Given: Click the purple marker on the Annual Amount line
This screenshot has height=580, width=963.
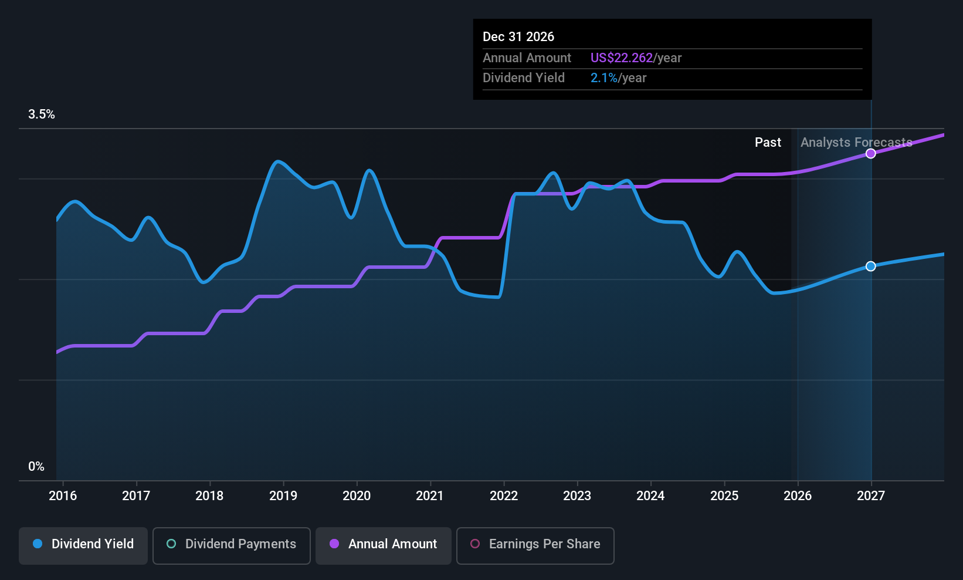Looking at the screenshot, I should [x=871, y=154].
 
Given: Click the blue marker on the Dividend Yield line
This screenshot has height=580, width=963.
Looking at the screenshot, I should [x=871, y=267].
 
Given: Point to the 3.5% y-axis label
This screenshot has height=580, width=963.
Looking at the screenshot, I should [x=42, y=114].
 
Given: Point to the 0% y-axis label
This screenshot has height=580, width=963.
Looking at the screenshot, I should [x=36, y=467].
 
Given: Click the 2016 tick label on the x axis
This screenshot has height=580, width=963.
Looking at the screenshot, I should [x=63, y=496].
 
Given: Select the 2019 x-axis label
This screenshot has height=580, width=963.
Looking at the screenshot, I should [x=283, y=496].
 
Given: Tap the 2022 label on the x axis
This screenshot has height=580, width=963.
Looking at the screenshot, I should [x=504, y=496].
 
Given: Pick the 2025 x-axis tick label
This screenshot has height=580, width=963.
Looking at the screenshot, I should [x=724, y=496].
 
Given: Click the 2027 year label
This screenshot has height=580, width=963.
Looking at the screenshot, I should [x=871, y=496].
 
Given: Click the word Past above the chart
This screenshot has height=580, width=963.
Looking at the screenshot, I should [x=768, y=143].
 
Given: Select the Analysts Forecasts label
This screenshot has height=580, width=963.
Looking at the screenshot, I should [x=856, y=143].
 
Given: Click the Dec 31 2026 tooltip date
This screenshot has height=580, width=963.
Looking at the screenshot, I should [x=518, y=37].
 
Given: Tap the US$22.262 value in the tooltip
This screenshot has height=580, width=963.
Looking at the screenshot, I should [x=621, y=58].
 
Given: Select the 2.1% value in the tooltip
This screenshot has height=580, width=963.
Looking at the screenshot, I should [x=603, y=78].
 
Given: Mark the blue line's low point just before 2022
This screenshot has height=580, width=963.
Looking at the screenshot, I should [x=497, y=298].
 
